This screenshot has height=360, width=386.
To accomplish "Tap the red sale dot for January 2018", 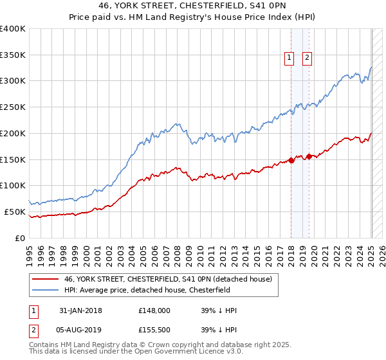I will click(x=291, y=161).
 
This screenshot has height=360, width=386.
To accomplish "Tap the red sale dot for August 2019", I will click(x=309, y=156).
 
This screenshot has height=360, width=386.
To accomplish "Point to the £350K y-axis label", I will click(x=13, y=55).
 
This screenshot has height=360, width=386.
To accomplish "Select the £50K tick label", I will click(x=15, y=212).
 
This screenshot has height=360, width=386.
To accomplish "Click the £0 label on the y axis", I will click(x=21, y=238).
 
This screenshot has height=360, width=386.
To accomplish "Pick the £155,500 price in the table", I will click(x=154, y=331).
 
